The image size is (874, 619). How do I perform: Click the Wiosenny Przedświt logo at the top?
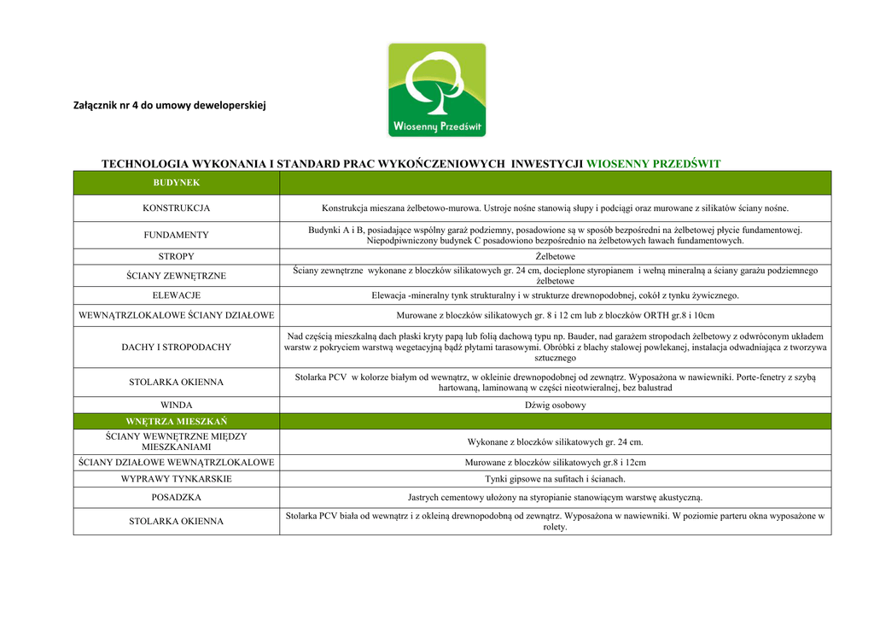[x=437, y=90]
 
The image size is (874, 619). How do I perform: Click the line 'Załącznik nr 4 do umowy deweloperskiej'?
[x=171, y=106]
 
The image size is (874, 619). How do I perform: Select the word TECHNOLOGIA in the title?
[x=141, y=163]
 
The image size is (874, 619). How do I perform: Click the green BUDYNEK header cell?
[x=176, y=183]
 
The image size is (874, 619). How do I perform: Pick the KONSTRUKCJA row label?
[x=176, y=208]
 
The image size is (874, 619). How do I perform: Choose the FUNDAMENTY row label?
[x=176, y=235]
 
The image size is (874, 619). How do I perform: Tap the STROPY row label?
[x=176, y=256]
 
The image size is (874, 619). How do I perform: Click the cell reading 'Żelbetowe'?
[x=555, y=256]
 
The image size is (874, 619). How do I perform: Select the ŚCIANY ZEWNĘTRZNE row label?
[x=176, y=275]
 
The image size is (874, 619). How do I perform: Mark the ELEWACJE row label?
[x=176, y=295]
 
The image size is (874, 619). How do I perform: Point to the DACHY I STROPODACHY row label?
[x=176, y=347]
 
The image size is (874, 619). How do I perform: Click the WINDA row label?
[x=176, y=405]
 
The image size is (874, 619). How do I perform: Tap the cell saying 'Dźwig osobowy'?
[x=555, y=405]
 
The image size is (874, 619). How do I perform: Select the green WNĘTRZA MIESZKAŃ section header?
[x=176, y=421]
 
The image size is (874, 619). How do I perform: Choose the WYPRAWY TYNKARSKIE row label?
[x=176, y=479]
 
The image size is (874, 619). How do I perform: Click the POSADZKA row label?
[x=176, y=498]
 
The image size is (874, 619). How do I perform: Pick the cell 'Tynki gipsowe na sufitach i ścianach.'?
[x=555, y=479]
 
